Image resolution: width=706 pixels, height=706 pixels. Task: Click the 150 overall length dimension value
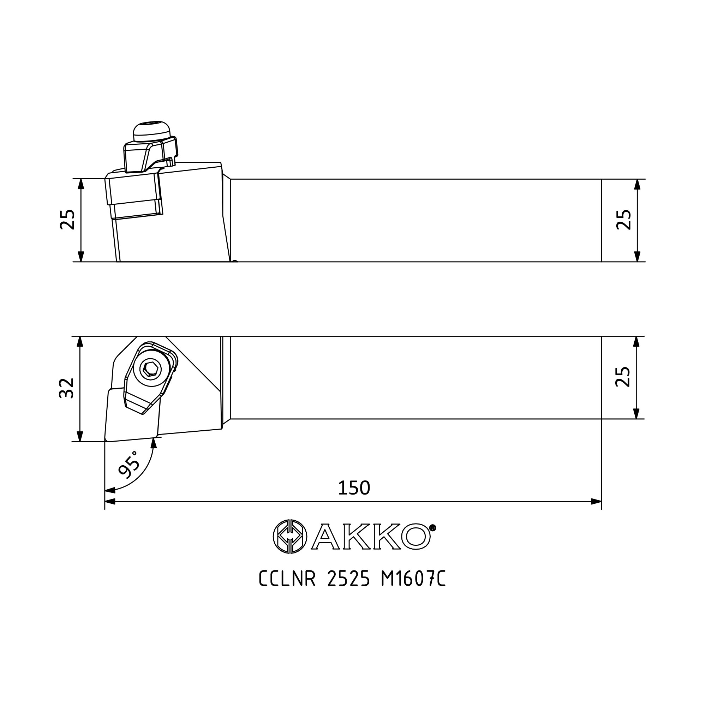point(354,488)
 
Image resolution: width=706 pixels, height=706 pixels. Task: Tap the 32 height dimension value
point(67,388)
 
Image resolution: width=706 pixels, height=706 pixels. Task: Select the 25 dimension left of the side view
point(67,220)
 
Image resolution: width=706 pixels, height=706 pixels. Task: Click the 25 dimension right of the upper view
point(624,220)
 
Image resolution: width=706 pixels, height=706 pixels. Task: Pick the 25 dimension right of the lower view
point(623,377)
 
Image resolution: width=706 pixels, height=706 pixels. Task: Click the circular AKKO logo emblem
point(290,537)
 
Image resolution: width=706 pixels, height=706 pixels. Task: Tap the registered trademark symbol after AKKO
point(432,528)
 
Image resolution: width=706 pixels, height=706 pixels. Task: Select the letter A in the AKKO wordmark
point(325,537)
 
